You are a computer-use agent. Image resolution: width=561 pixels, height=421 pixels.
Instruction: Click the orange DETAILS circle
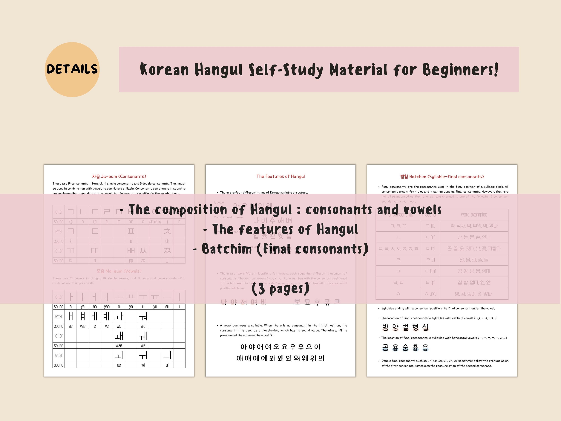click(x=72, y=70)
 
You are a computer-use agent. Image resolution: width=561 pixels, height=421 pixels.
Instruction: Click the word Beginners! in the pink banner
click(x=460, y=70)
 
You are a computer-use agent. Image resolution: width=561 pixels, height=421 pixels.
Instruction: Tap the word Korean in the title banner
click(x=164, y=70)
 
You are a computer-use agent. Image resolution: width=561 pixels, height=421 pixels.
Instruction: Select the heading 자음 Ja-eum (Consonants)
click(x=119, y=176)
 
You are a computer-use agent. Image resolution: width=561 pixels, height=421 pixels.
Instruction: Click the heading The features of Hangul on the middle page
click(x=280, y=176)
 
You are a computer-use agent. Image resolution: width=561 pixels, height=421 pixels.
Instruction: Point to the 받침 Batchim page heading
click(x=442, y=177)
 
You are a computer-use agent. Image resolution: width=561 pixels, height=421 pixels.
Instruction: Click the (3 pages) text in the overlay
click(x=280, y=289)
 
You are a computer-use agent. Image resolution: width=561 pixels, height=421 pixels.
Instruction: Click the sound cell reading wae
click(x=119, y=346)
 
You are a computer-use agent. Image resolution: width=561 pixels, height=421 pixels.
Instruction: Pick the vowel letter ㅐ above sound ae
click(x=71, y=316)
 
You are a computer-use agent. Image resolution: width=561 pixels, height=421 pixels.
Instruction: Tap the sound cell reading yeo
click(x=107, y=307)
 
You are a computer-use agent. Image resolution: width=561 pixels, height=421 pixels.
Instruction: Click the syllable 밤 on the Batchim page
click(x=385, y=327)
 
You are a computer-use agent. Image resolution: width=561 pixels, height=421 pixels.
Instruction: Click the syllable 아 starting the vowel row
click(x=243, y=347)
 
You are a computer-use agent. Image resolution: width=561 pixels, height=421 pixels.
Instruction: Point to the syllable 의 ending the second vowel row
click(x=321, y=358)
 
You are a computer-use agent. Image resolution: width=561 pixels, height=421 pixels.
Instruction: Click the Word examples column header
click(x=474, y=215)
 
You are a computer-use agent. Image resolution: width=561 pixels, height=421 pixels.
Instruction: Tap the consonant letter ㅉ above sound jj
click(x=167, y=251)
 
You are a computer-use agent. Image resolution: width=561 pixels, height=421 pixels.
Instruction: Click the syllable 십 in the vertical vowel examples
click(x=425, y=327)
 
